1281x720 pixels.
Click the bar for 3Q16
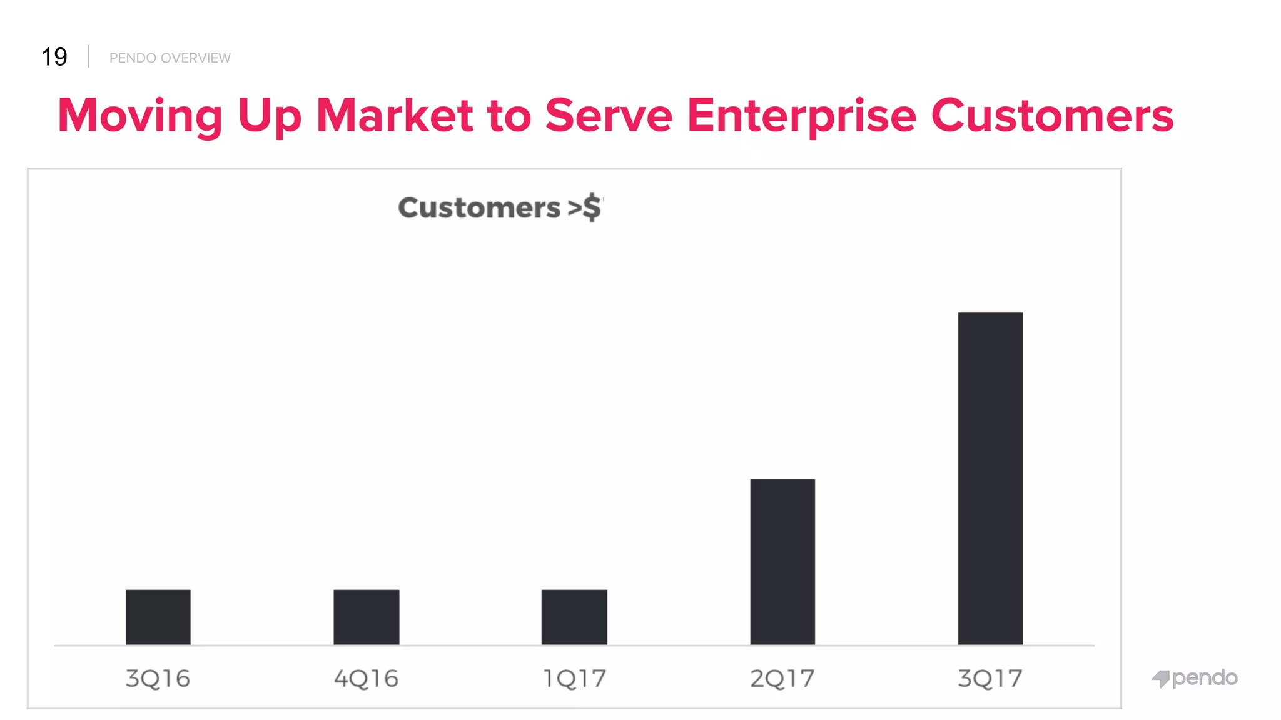(x=158, y=617)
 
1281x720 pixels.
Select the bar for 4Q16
(x=367, y=617)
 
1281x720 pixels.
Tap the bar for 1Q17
(x=574, y=617)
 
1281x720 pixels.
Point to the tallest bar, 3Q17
(x=990, y=478)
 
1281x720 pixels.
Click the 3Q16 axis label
(x=158, y=679)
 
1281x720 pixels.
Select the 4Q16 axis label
(x=367, y=679)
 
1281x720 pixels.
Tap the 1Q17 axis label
(x=574, y=679)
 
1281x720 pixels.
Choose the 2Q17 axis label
(x=782, y=679)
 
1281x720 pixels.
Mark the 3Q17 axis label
(x=990, y=679)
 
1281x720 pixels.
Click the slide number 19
(x=54, y=57)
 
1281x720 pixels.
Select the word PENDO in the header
(x=133, y=58)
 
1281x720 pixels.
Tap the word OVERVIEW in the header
(x=196, y=58)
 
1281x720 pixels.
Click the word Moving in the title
(x=140, y=116)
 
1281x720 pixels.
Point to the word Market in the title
(x=395, y=116)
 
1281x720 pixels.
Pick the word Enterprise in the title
(x=801, y=116)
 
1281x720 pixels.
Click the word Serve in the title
(x=609, y=116)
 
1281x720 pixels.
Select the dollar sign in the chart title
(x=592, y=207)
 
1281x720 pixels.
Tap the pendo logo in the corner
(x=1195, y=678)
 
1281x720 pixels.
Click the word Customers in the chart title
(x=479, y=207)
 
